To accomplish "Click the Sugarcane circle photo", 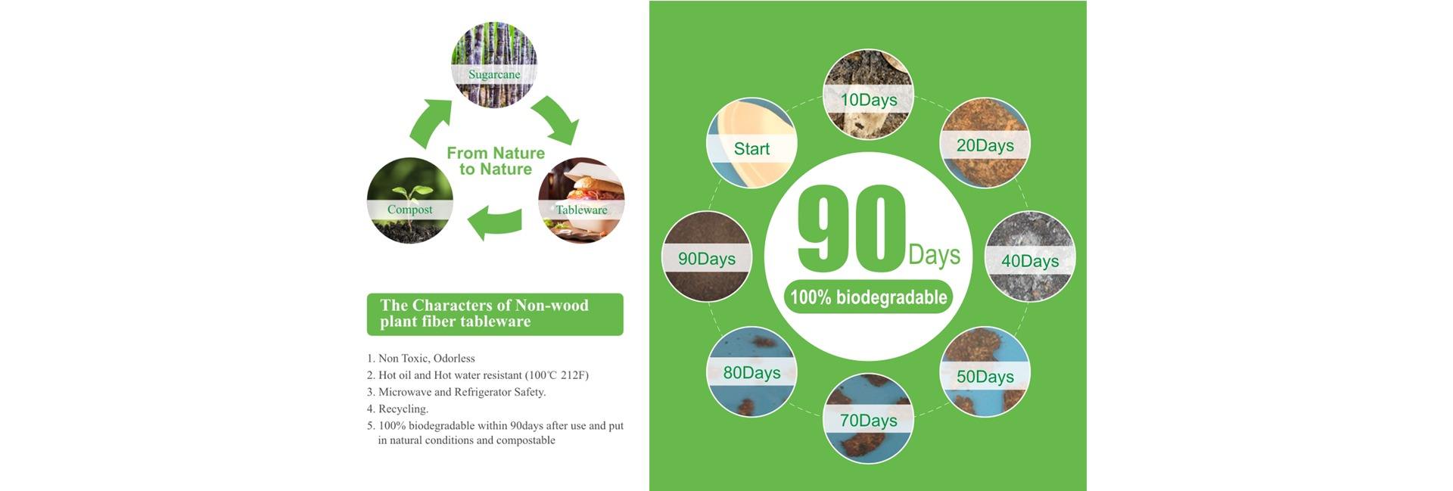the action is (x=494, y=65).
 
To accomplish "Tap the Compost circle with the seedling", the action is (x=410, y=200).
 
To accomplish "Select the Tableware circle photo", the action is (x=581, y=200).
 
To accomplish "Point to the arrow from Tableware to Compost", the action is (x=495, y=223).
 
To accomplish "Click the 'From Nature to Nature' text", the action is (x=496, y=161).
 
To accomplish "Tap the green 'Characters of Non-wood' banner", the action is (x=495, y=314).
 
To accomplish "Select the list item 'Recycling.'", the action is (x=397, y=409).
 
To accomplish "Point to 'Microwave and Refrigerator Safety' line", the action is (x=456, y=392).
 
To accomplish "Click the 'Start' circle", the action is (x=751, y=143).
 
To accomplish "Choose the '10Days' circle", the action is (x=869, y=95).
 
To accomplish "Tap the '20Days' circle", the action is (x=985, y=143).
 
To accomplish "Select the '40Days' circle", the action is (x=1030, y=257).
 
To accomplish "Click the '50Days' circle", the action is (x=985, y=371).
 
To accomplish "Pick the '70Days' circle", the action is (x=869, y=418).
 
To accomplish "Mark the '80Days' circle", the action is (x=751, y=371).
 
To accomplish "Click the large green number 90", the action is (x=851, y=229).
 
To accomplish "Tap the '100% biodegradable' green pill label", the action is (x=869, y=297).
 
